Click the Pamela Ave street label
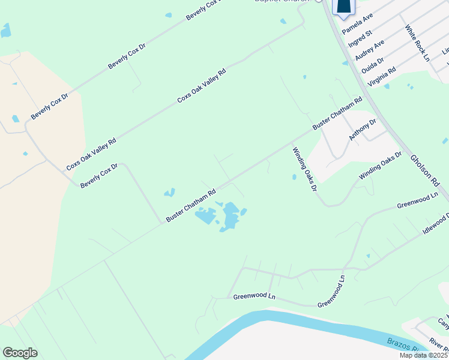coord(357,23)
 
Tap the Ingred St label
coord(360,38)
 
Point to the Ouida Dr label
coord(373,62)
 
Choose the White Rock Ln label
coord(417,43)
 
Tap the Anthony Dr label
coord(363,130)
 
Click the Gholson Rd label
coord(421,169)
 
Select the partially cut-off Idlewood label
coord(436,223)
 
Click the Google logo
coord(20,352)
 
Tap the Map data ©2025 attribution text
coord(424,355)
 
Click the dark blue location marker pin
coord(343,6)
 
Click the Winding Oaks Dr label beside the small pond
coord(304,170)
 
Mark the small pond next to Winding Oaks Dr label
coord(294,177)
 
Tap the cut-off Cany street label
coord(443,324)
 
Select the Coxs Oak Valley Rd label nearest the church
coord(202,86)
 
